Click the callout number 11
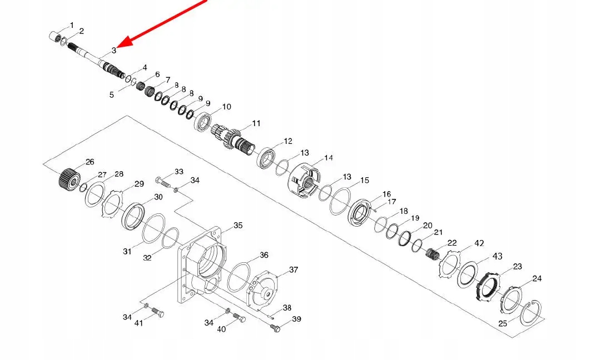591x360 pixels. click(256, 123)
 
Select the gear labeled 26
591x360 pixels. click(68, 178)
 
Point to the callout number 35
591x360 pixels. click(238, 226)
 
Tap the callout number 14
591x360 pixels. click(329, 158)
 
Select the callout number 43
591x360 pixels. click(497, 256)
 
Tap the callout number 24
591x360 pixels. click(537, 278)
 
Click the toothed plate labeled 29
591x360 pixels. click(114, 203)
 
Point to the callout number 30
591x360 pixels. click(158, 197)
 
